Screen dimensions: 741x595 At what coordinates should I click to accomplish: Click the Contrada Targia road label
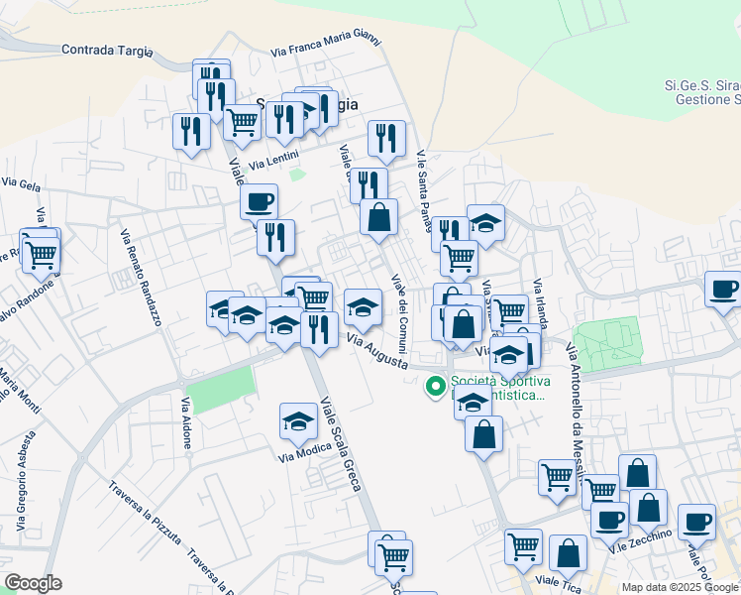[107, 49]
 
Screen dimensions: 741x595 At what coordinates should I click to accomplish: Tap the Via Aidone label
[185, 424]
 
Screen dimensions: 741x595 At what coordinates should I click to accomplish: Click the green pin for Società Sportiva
[434, 387]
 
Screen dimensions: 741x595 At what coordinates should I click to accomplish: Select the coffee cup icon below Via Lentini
[260, 201]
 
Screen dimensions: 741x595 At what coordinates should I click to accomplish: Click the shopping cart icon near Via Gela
[41, 254]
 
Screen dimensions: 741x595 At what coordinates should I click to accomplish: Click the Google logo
[33, 583]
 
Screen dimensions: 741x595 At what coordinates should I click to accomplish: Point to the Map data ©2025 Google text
[680, 587]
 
